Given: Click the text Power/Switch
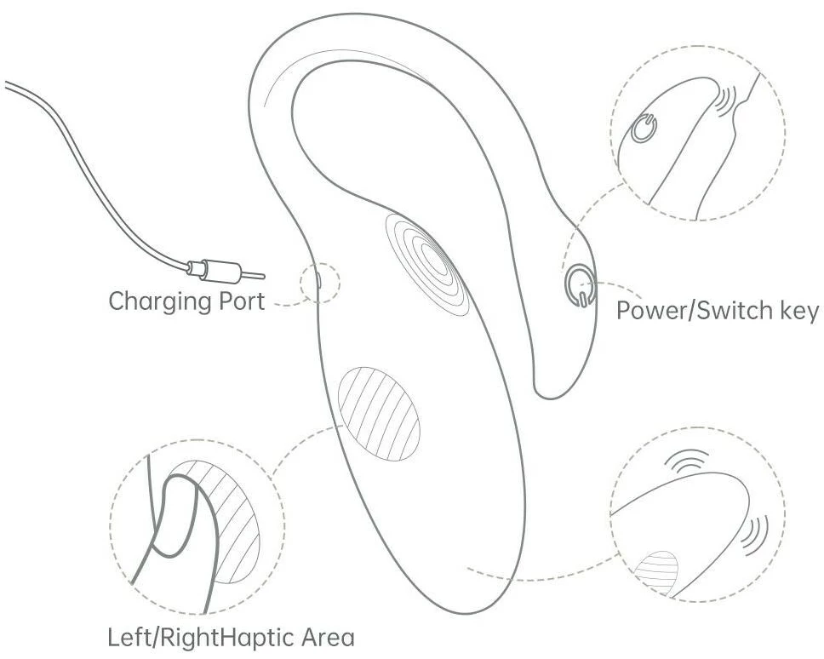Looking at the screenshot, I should point(690,310).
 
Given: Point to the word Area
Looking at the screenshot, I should point(324,637).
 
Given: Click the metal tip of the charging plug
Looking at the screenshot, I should point(254,275).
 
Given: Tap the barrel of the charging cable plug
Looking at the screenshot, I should point(215,270).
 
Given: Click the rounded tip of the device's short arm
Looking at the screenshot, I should point(557,387).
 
